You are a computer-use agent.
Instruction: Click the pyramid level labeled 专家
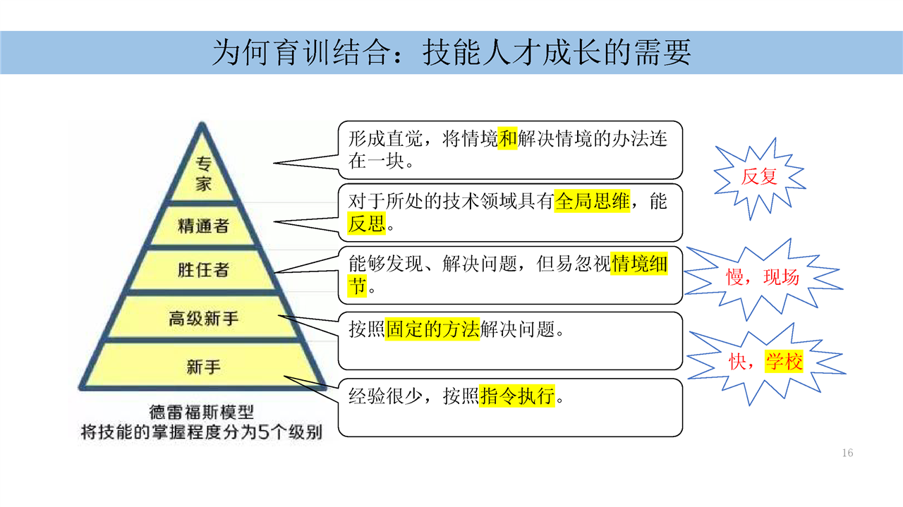(x=204, y=174)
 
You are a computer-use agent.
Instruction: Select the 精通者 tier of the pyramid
(x=204, y=226)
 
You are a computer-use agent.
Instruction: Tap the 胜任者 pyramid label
(x=204, y=269)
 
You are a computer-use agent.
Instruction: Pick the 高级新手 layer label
(x=204, y=319)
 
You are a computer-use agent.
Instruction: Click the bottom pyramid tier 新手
(x=204, y=367)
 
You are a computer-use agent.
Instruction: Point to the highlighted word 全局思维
(x=592, y=201)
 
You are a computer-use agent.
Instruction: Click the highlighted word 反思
(x=366, y=224)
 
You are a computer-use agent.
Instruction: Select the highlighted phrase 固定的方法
(x=432, y=329)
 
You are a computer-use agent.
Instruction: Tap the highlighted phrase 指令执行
(x=517, y=396)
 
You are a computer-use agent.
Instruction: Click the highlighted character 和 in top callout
(x=507, y=139)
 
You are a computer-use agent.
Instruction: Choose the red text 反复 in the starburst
(x=759, y=177)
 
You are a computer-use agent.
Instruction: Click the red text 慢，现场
(x=763, y=277)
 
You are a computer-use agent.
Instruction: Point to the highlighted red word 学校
(x=784, y=362)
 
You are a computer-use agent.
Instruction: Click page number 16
(x=847, y=453)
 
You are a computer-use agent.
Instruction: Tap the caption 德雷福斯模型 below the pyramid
(x=202, y=413)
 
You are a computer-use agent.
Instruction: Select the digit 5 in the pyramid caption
(x=263, y=432)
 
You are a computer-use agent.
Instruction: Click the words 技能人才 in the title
(x=482, y=53)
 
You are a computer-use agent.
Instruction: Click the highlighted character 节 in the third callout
(x=357, y=286)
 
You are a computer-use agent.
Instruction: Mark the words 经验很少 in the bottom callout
(x=386, y=396)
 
